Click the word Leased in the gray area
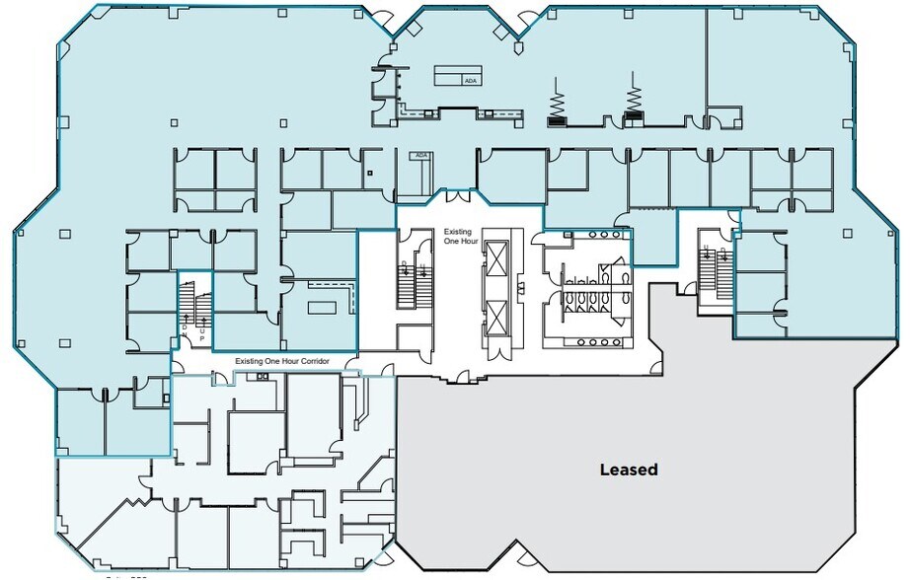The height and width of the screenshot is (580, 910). point(628,470)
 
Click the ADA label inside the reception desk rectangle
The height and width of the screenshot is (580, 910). point(471,81)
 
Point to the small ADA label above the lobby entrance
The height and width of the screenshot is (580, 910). point(421,155)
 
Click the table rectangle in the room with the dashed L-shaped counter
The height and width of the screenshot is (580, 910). point(324,307)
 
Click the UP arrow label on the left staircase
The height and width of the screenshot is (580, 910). point(202,333)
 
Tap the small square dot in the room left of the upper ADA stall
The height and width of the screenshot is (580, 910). point(369,174)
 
